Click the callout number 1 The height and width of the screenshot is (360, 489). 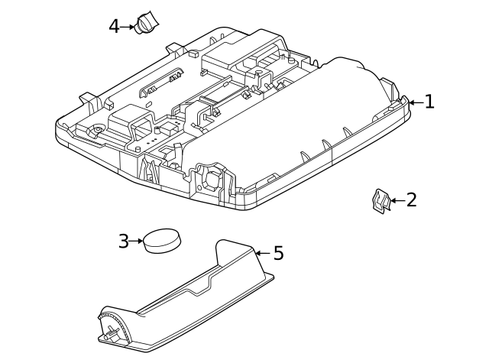(429, 102)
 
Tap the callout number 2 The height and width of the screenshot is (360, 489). (411, 200)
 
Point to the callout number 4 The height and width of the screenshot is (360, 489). (115, 27)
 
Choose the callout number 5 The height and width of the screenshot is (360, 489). (278, 253)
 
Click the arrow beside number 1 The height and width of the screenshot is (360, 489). (415, 102)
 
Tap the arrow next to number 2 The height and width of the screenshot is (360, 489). (396, 201)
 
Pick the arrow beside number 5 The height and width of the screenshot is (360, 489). (262, 253)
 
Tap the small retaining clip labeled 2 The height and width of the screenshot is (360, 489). (380, 201)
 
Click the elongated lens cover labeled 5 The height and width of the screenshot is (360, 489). (191, 294)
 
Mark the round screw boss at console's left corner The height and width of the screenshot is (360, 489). (97, 131)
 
